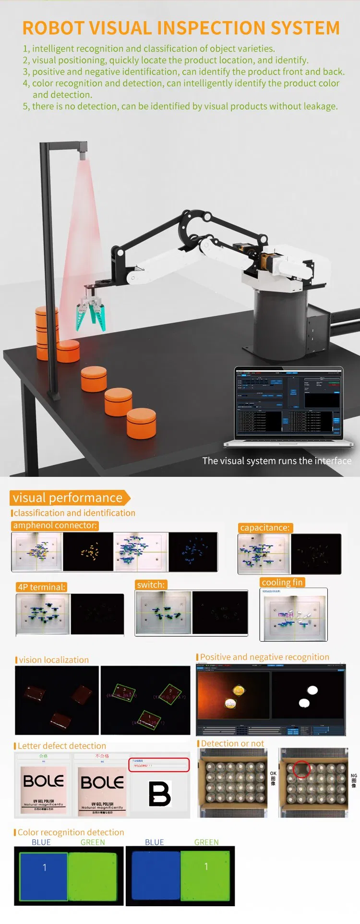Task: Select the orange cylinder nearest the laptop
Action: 141,423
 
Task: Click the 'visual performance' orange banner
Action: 68,498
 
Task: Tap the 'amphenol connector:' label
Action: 55,525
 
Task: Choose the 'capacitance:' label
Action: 265,528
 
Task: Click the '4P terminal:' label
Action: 41,587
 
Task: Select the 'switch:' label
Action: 151,584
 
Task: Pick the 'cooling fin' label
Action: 282,583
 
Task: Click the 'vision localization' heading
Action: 54,660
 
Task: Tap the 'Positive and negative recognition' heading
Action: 264,657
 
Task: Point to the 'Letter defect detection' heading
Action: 62,746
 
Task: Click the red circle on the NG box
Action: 302,769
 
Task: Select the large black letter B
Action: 159,793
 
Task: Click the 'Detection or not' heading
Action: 232,743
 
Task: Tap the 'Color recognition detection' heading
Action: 71,832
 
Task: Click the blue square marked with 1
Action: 44,876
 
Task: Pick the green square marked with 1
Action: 206,876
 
